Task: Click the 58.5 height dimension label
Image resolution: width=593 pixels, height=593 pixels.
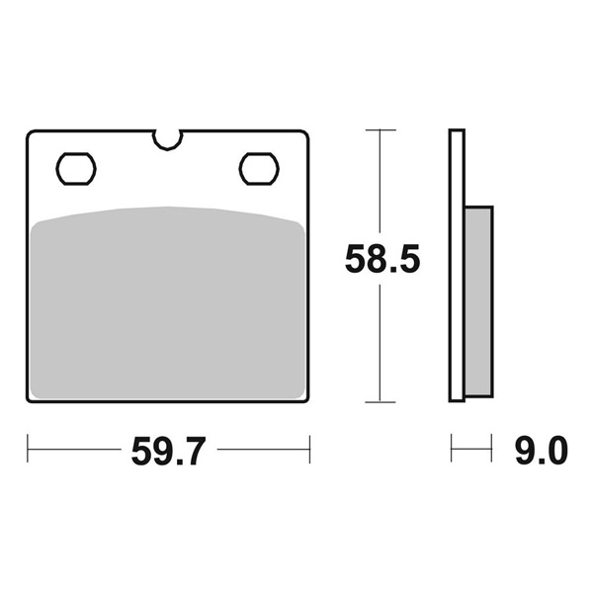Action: [382, 260]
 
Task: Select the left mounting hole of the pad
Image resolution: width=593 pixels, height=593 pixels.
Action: [75, 168]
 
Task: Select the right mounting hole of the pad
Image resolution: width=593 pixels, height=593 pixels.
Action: [259, 168]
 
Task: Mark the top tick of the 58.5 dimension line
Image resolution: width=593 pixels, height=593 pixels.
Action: [381, 129]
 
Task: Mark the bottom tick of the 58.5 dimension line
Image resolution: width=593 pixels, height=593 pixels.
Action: [381, 401]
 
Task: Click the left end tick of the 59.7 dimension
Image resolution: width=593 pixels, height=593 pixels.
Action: [29, 450]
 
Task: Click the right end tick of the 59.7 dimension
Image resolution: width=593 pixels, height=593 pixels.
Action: [310, 450]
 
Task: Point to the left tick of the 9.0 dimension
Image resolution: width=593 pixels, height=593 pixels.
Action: [452, 450]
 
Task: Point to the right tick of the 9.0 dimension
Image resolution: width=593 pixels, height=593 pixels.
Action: [491, 450]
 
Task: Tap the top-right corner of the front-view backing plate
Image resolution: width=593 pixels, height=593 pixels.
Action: [307, 132]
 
